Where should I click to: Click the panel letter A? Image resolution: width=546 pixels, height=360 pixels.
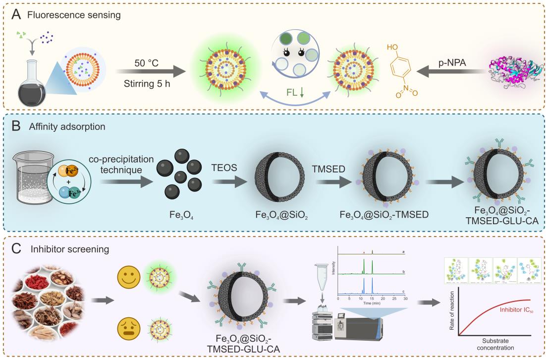17,14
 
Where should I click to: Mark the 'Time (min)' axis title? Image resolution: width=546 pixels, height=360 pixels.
371,303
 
